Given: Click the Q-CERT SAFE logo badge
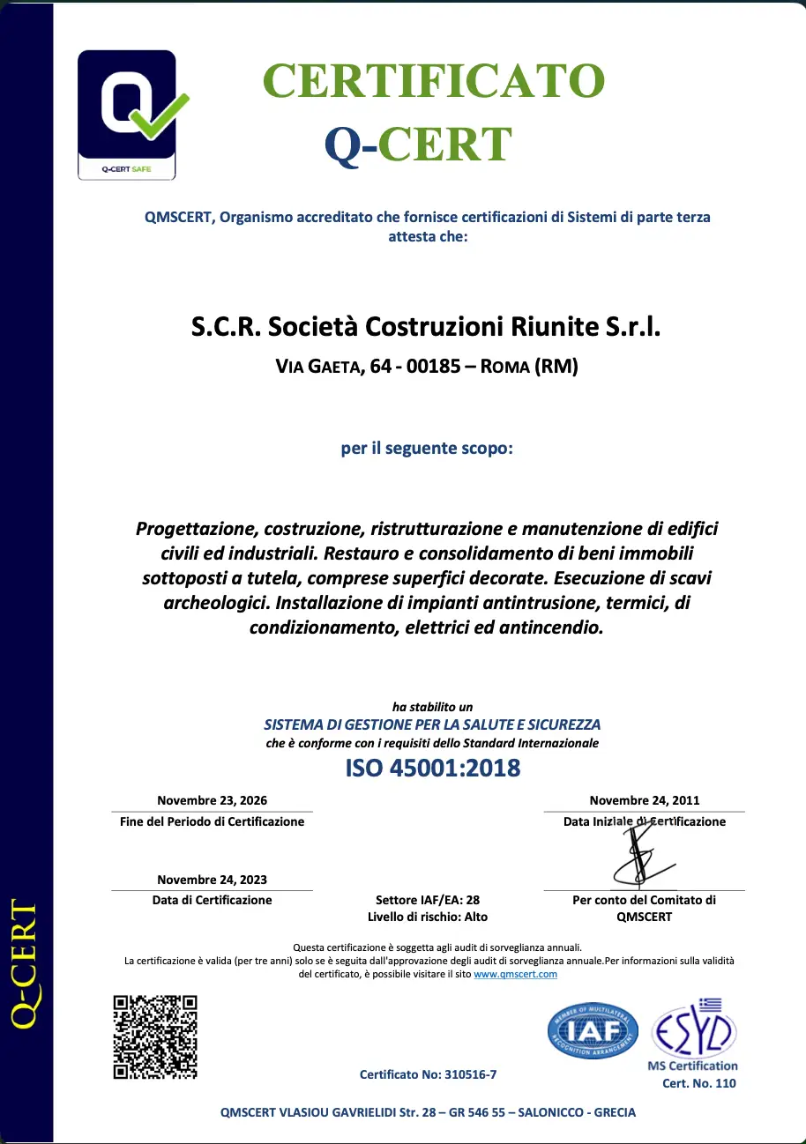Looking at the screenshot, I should [126, 115].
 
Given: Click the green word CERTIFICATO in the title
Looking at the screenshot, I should [434, 81].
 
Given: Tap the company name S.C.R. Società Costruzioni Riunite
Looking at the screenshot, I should [426, 328].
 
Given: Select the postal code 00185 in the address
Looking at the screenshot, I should [433, 367].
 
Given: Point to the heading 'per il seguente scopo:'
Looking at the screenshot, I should [426, 449].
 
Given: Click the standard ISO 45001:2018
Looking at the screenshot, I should [432, 768].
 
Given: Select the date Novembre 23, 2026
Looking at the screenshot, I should [212, 800].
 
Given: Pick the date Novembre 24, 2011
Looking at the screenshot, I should [644, 800].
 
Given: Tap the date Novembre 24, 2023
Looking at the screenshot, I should [212, 879].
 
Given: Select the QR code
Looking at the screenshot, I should [155, 1036].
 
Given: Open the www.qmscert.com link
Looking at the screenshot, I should [515, 974].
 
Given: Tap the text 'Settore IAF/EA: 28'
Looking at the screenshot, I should [427, 900].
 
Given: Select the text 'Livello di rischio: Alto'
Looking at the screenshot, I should [427, 917].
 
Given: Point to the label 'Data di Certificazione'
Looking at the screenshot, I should [212, 900].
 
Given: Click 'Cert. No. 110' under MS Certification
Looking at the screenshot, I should [698, 1083].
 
